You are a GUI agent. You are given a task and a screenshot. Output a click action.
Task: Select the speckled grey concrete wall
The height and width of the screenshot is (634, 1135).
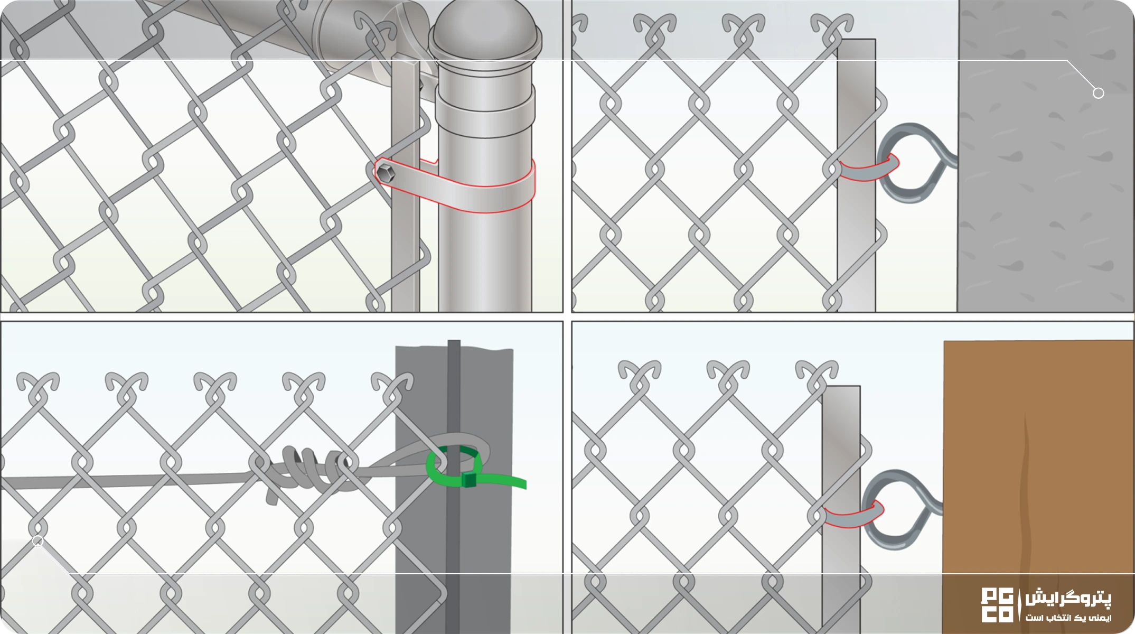coord(1046,156)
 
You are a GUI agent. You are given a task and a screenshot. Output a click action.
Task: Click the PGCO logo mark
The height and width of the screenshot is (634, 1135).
coord(997,605)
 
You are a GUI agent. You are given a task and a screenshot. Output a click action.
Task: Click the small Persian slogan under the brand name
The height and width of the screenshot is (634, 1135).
coord(1068,617)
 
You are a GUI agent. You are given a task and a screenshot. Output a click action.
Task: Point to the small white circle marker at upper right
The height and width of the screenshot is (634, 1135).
coord(1098,93)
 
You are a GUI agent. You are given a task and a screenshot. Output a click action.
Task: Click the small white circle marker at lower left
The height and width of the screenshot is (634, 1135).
coord(37,540)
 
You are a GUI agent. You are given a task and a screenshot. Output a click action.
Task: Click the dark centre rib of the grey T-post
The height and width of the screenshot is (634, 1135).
coord(454,486)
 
